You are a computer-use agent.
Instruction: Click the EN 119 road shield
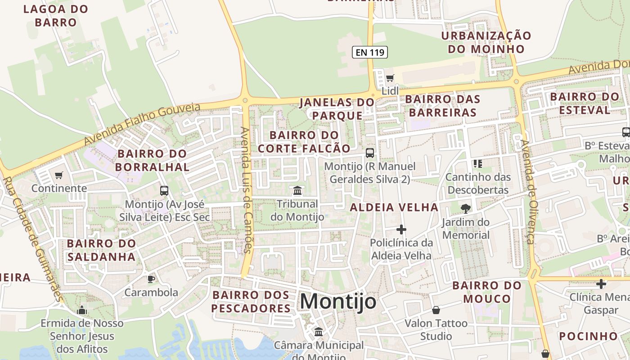pos(369,52)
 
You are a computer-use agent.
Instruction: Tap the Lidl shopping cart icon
pos(390,78)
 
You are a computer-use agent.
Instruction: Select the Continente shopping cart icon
pos(58,175)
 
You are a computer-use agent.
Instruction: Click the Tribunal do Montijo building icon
pos(297,190)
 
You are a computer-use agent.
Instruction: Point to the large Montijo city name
pos(338,301)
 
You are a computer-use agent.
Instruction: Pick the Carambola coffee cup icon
pos(151,279)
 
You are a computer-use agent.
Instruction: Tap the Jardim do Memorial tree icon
pos(465,208)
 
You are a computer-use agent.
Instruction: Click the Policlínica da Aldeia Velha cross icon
pos(401,229)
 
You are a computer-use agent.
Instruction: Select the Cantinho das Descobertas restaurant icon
pos(477,163)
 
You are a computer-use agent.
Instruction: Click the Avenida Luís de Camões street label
pos(246,189)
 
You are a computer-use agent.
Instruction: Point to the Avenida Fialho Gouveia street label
pos(142,124)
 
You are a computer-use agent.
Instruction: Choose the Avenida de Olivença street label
pos(528,191)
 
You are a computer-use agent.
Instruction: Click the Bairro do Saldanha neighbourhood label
pos(101,250)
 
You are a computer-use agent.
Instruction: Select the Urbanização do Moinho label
pos(486,42)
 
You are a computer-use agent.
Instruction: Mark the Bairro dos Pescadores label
pos(251,301)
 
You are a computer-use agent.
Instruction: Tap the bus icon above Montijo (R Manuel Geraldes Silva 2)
pos(369,153)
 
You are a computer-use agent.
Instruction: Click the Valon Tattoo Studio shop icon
pos(436,310)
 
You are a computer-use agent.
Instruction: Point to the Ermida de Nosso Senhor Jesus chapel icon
pos(81,310)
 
